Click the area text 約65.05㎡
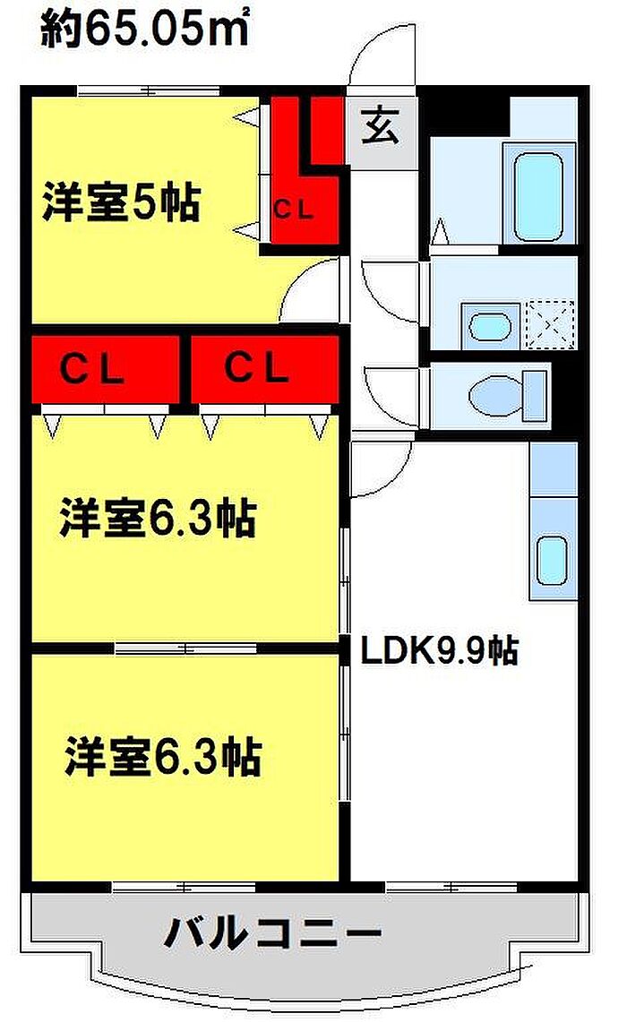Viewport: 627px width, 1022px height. click(x=144, y=31)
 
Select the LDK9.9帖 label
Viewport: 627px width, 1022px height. click(x=439, y=651)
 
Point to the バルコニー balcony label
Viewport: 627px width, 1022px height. click(x=272, y=936)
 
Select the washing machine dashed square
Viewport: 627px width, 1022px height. click(x=548, y=323)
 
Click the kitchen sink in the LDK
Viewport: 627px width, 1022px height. click(x=552, y=560)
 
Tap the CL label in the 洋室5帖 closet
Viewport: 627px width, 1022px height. click(x=294, y=210)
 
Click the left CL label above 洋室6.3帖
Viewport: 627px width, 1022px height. click(x=92, y=368)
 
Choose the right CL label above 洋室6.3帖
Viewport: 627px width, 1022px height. click(x=256, y=368)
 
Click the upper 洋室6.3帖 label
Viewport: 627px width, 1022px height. click(x=158, y=520)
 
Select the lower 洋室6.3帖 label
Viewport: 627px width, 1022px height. click(x=162, y=757)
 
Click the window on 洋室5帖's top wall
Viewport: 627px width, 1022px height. click(x=148, y=90)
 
